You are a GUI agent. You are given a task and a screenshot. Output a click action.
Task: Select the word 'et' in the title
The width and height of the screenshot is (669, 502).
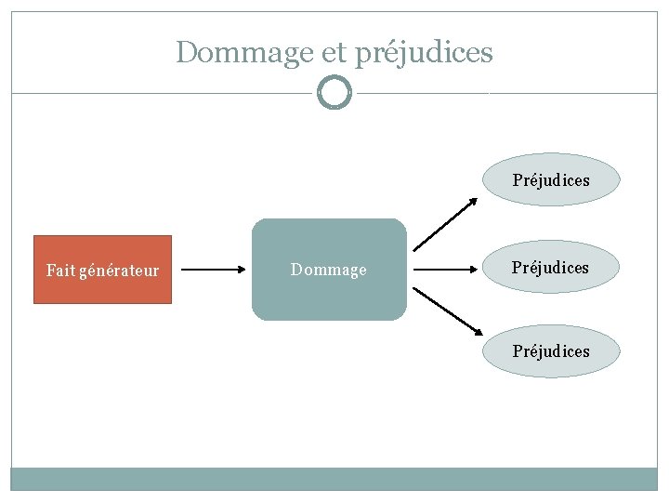tap(333, 53)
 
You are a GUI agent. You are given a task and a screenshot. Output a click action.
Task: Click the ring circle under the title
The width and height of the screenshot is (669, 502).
tap(334, 93)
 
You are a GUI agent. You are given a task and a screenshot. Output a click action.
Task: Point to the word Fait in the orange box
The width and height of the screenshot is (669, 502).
tap(61, 271)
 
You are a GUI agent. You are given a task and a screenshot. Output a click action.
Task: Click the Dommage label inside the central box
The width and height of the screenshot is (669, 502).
tap(329, 270)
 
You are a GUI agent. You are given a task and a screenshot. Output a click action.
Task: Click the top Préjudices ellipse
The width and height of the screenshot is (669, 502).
tap(551, 179)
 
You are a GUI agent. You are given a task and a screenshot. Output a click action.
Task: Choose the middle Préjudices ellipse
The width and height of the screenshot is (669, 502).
tap(551, 268)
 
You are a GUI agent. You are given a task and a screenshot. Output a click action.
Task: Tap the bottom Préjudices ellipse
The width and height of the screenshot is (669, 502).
tap(551, 351)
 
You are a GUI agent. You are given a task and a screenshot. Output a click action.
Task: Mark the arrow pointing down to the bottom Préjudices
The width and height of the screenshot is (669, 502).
tap(446, 310)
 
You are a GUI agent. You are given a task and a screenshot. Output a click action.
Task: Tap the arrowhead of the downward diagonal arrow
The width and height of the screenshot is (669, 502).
tap(476, 332)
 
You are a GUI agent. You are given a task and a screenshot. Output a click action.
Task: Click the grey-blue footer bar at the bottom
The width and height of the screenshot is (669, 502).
tap(334, 479)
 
